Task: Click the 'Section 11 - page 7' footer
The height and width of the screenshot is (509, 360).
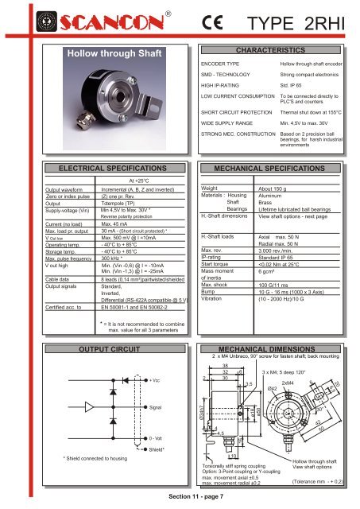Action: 180,497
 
